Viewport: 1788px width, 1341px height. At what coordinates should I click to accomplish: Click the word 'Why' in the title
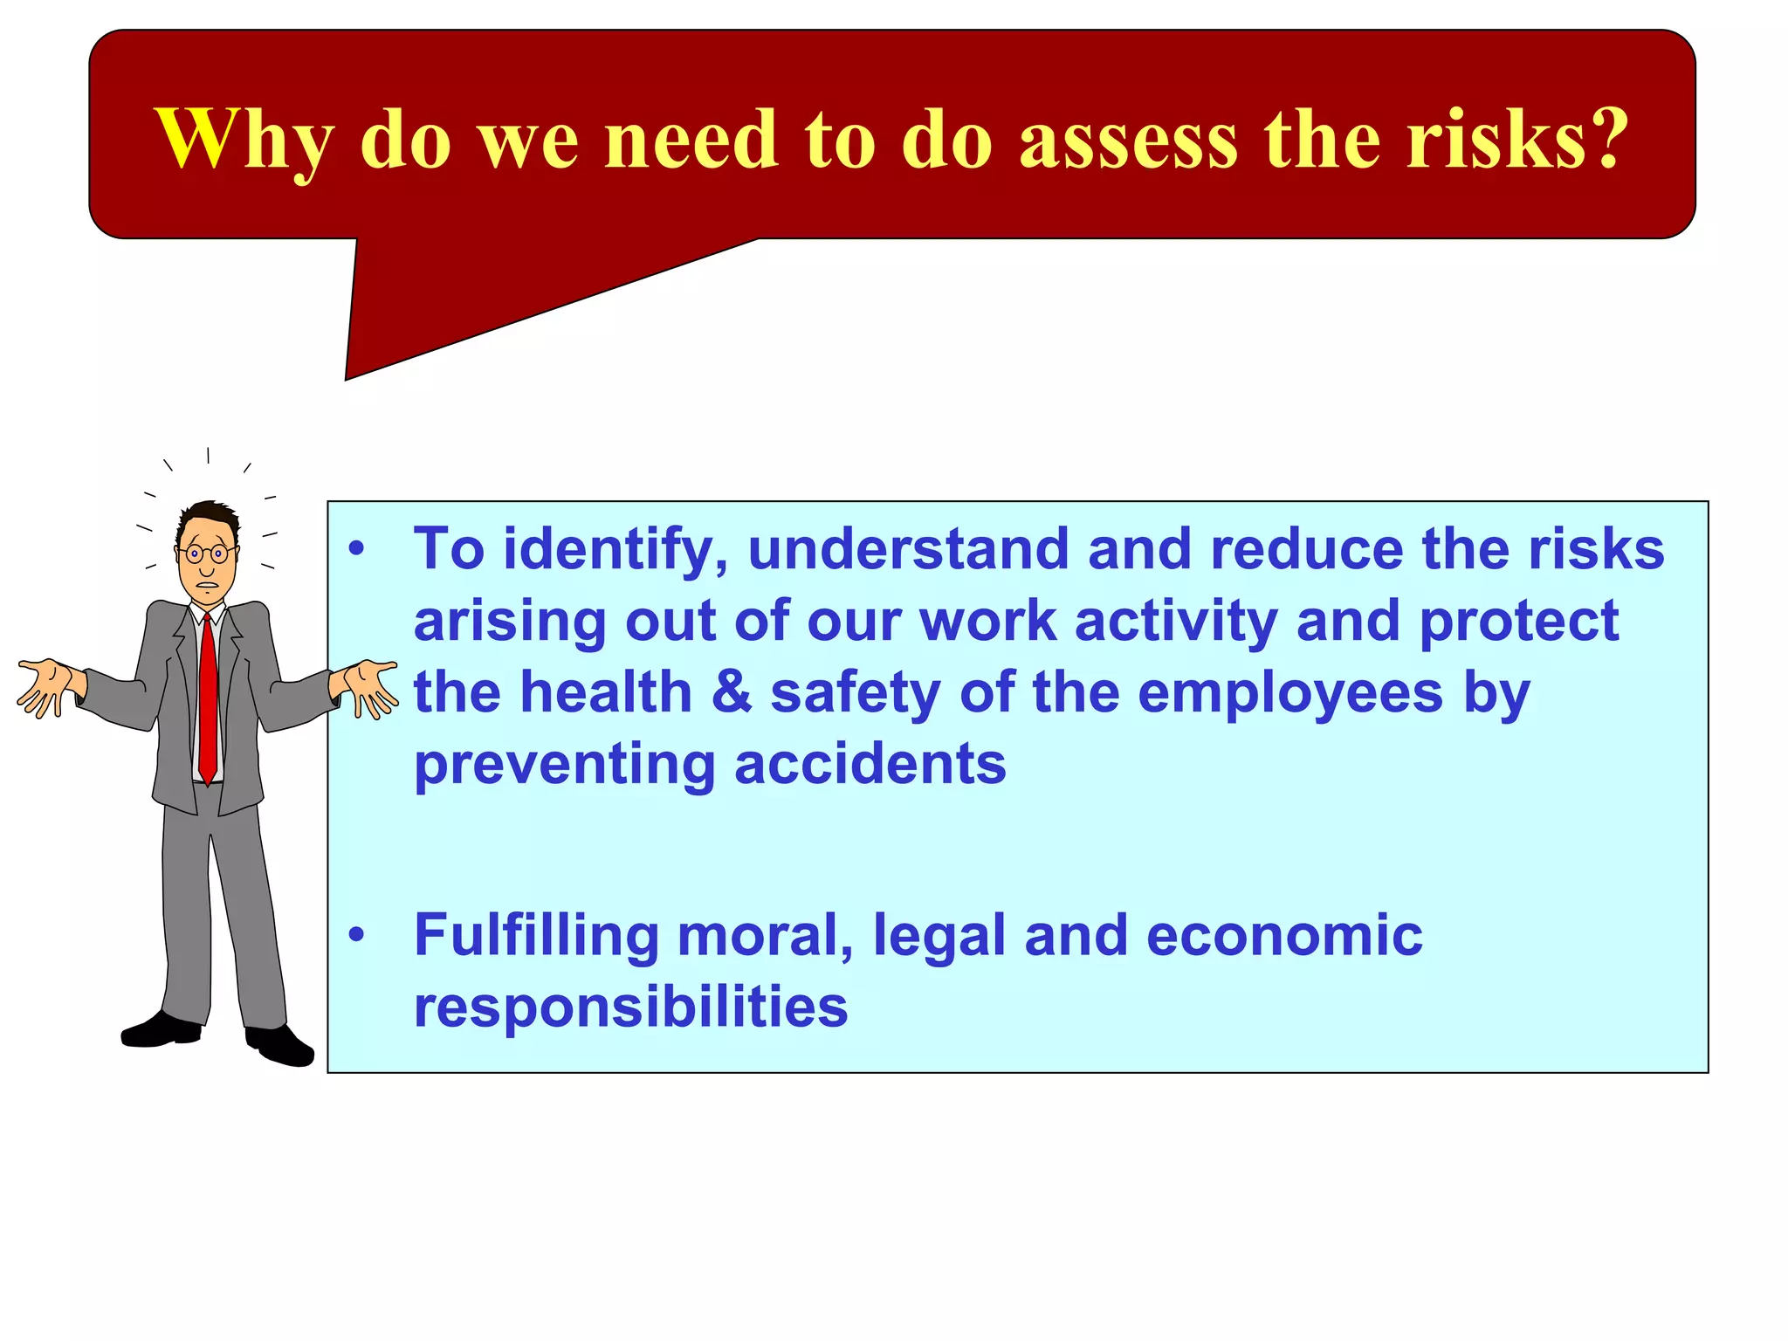pyautogui.click(x=244, y=140)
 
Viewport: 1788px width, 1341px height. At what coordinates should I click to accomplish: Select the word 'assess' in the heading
pyautogui.click(x=1128, y=140)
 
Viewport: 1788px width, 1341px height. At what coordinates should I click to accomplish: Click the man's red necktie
pyautogui.click(x=208, y=698)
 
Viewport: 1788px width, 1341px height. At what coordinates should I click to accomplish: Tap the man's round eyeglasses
pyautogui.click(x=207, y=554)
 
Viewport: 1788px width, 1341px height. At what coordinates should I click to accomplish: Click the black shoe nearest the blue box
pyautogui.click(x=281, y=1046)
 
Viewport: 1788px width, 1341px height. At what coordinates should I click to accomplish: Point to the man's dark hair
pyautogui.click(x=210, y=515)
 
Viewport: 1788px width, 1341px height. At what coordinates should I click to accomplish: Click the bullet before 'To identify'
pyautogui.click(x=355, y=550)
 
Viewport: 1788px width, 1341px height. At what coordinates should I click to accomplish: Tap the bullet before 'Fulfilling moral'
pyautogui.click(x=355, y=935)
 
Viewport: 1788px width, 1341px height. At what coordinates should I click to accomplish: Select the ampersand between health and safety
pyautogui.click(x=732, y=692)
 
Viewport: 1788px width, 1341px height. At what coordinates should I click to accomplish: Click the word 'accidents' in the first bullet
pyautogui.click(x=870, y=764)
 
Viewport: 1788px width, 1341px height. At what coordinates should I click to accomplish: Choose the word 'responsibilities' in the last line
pyautogui.click(x=630, y=1007)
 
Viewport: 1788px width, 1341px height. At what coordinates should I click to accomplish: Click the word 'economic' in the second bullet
pyautogui.click(x=1283, y=935)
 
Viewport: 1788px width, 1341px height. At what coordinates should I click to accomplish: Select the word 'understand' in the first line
pyautogui.click(x=908, y=550)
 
